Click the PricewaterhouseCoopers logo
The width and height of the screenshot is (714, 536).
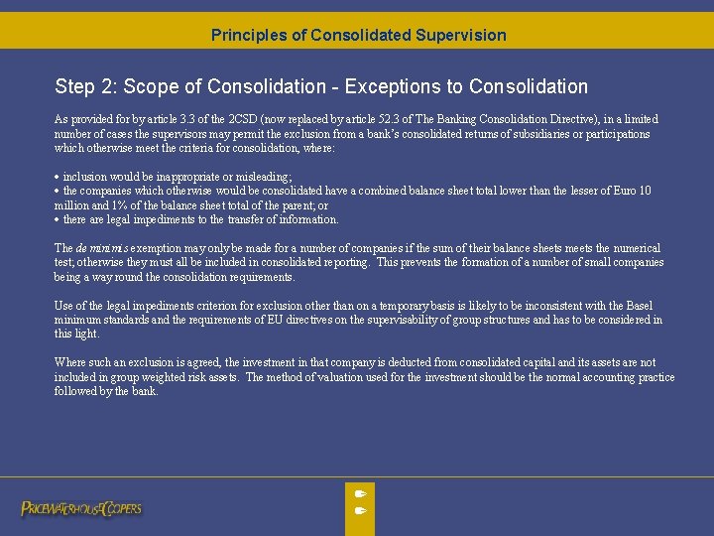click(x=81, y=508)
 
